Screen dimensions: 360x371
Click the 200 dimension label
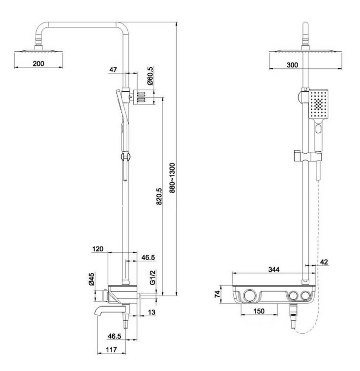click(39, 63)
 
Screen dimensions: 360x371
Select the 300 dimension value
click(293, 65)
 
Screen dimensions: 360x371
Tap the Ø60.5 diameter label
click(150, 76)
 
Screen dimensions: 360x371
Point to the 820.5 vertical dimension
click(159, 196)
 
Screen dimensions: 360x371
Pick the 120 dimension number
click(98, 249)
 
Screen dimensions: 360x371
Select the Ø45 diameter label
click(92, 279)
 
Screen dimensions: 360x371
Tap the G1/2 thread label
click(153, 278)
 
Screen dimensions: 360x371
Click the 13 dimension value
click(152, 312)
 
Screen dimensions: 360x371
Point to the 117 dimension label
click(112, 350)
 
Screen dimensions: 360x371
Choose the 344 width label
click(274, 269)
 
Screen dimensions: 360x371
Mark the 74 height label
click(217, 294)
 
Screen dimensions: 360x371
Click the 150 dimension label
click(259, 311)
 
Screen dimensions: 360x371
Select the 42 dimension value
click(324, 262)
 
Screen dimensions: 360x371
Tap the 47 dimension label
click(113, 69)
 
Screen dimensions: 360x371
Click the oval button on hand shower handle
click(319, 129)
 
